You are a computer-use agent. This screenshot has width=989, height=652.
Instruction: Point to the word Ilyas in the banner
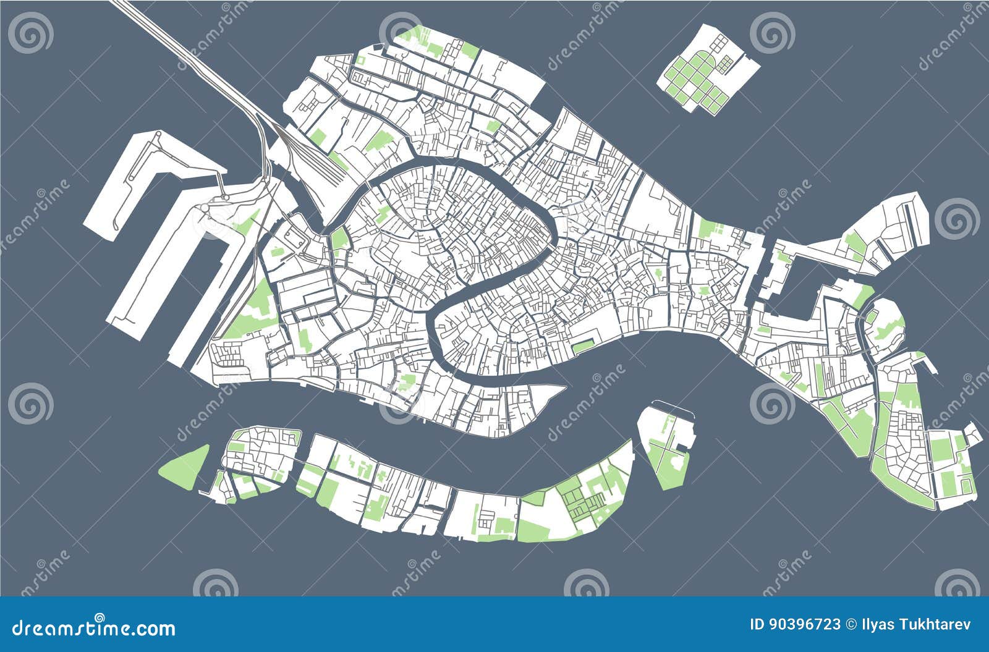pos(874,624)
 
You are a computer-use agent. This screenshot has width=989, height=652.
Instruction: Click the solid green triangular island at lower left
pos(185,465)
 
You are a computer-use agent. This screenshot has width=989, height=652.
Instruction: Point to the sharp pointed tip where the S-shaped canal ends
pos(562,388)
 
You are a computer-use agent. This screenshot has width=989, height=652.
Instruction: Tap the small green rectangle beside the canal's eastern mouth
pos(582,346)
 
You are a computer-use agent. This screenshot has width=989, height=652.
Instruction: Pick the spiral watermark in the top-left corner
pos(31,32)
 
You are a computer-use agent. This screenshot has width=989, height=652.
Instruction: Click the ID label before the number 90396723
pos(757,624)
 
